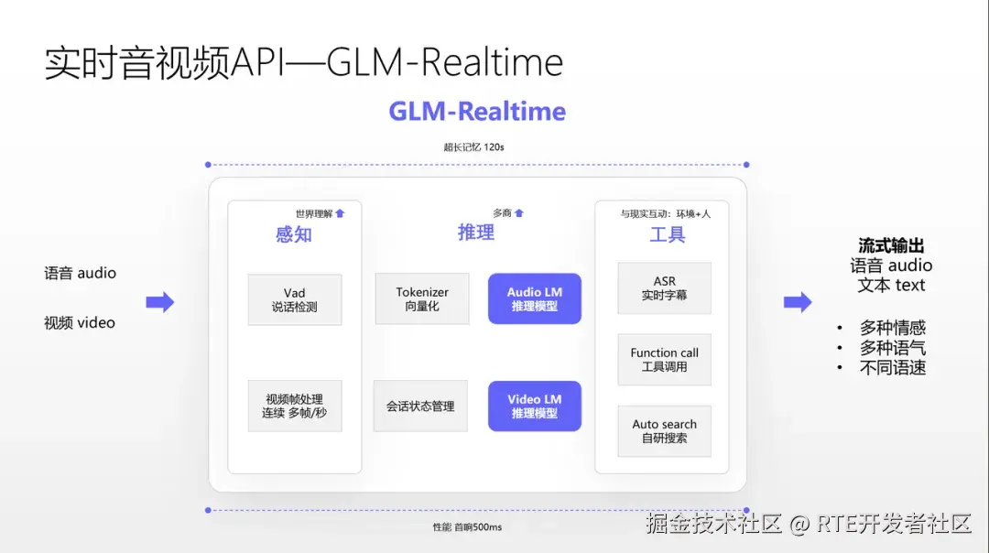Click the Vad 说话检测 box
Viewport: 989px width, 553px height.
(x=294, y=299)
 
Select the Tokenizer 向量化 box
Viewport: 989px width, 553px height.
(x=422, y=298)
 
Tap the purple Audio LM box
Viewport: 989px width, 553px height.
(x=535, y=298)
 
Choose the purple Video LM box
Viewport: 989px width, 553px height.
(x=535, y=406)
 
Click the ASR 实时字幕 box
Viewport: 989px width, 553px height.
(x=664, y=288)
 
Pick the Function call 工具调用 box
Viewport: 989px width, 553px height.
(x=664, y=359)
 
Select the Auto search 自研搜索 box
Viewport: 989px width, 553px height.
(x=664, y=431)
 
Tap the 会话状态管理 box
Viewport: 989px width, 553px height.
(x=420, y=406)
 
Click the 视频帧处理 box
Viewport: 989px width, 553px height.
(x=294, y=406)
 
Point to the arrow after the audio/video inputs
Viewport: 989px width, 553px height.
(x=160, y=302)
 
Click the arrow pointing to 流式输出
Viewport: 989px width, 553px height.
(x=798, y=302)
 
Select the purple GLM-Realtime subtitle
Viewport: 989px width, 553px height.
(x=477, y=112)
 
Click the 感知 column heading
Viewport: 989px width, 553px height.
(x=294, y=234)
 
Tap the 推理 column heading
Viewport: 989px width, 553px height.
(x=476, y=233)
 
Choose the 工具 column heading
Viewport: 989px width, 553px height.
(x=668, y=234)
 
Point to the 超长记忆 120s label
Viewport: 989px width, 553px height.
(x=474, y=146)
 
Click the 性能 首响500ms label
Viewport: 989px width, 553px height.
(x=467, y=526)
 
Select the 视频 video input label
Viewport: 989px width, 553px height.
(x=80, y=322)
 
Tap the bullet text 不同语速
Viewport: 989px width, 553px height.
(x=892, y=367)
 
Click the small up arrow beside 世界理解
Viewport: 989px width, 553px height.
(x=340, y=213)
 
